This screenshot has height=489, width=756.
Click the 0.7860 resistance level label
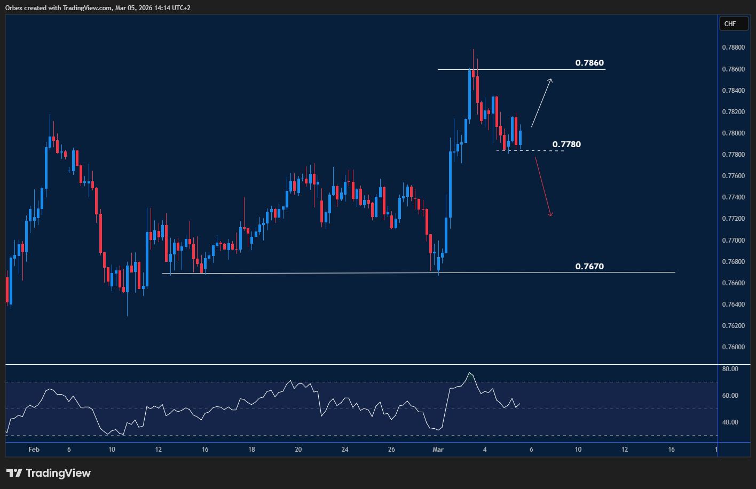tap(589, 63)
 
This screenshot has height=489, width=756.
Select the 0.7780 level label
tap(566, 144)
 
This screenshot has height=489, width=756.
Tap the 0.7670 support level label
tap(589, 266)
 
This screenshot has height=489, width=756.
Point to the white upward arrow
tap(542, 102)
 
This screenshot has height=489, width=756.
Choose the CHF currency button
tap(730, 23)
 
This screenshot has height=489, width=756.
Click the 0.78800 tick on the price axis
tap(733, 47)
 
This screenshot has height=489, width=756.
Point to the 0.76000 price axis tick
tap(733, 347)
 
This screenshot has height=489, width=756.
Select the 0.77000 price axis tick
tap(733, 240)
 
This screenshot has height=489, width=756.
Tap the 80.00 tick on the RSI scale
tap(730, 369)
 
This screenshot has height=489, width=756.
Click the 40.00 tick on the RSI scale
tap(730, 422)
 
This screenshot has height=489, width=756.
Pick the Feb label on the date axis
tap(34, 450)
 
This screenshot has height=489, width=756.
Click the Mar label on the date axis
tap(438, 450)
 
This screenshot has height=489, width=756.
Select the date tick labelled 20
tap(298, 450)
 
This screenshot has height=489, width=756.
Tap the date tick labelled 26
tap(391, 450)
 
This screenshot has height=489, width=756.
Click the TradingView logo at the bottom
tap(49, 473)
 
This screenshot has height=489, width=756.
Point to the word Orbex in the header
tap(13, 7)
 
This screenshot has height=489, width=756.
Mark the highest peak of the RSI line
tap(469, 373)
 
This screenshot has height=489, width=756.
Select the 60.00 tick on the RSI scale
tap(730, 396)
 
